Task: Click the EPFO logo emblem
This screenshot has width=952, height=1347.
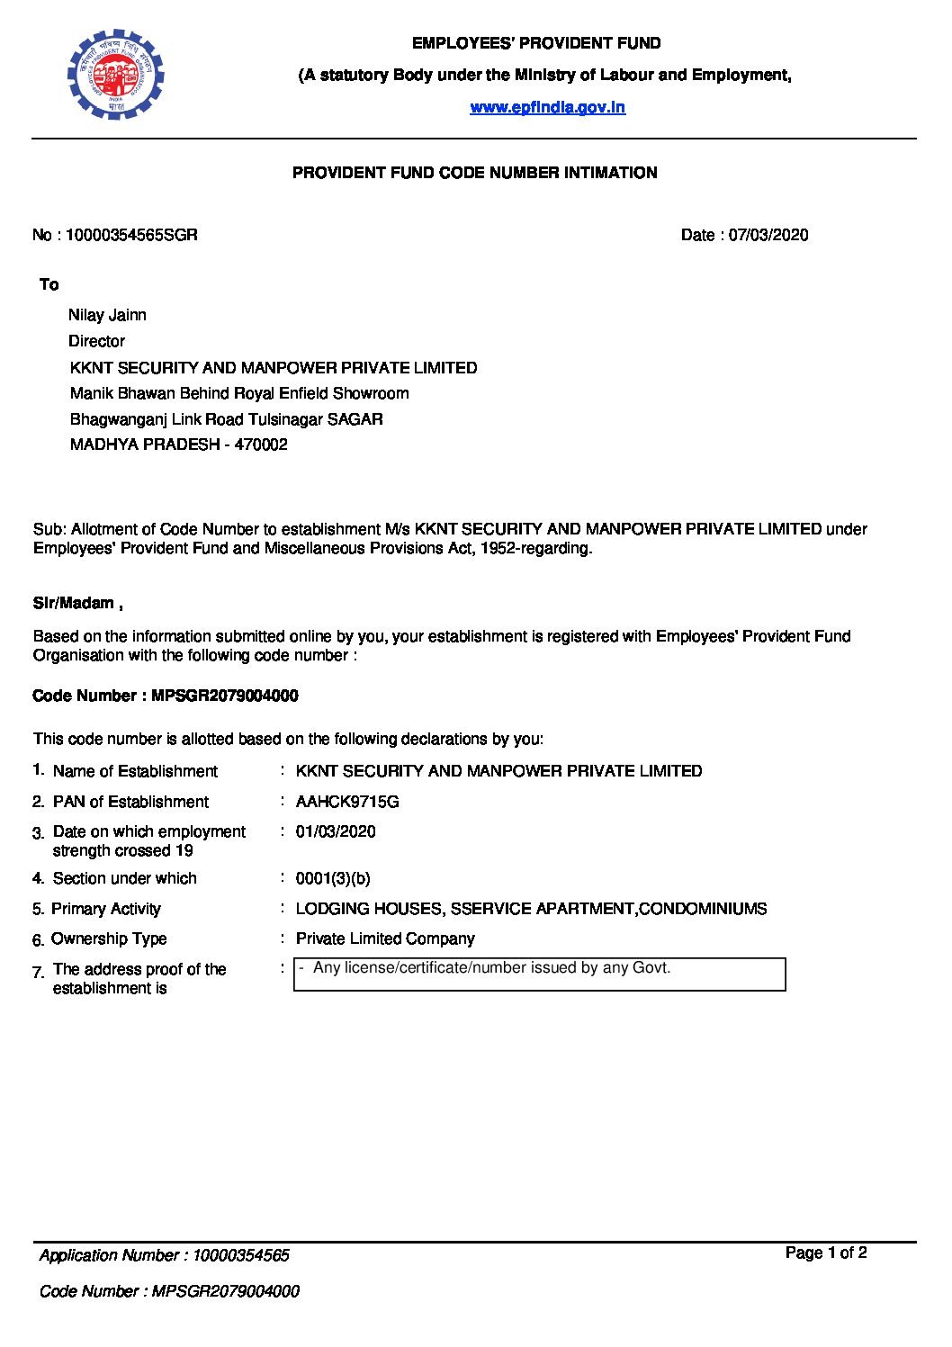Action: click(x=115, y=74)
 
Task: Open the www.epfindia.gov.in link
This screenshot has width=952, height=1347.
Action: click(x=547, y=108)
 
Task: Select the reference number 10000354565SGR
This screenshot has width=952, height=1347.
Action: click(x=131, y=236)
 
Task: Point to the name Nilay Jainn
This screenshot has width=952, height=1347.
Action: click(x=107, y=316)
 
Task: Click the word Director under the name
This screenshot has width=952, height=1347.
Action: click(x=96, y=342)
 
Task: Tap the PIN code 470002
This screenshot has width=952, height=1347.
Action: click(x=260, y=445)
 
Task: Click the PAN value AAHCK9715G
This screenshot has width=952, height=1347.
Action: click(x=346, y=802)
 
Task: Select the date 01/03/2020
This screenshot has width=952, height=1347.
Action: click(x=336, y=831)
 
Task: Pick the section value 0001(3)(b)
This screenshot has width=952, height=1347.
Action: click(x=332, y=878)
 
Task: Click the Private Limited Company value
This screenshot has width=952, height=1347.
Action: click(x=384, y=938)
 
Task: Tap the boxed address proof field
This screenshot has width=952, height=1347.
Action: click(x=539, y=974)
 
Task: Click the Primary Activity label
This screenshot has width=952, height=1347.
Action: click(x=105, y=909)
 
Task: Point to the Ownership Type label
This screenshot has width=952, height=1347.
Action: click(x=109, y=938)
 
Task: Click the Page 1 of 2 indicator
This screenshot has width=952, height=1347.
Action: click(x=825, y=1253)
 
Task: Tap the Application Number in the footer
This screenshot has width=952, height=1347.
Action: click(x=164, y=1255)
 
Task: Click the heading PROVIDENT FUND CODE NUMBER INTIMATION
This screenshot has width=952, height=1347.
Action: click(x=474, y=173)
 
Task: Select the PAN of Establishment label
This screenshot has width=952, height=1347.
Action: click(x=130, y=802)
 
